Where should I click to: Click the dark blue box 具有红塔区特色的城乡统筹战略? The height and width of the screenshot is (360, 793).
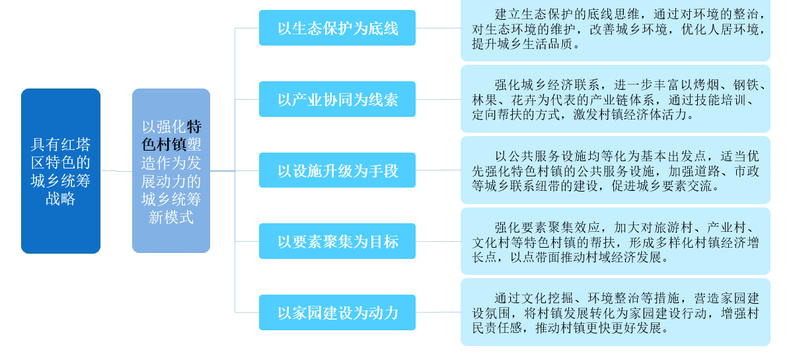click(x=61, y=171)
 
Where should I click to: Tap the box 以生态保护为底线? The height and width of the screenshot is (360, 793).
click(x=337, y=28)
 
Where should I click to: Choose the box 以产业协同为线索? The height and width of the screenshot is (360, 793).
click(x=337, y=100)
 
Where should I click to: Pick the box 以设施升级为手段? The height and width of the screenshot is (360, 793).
click(x=337, y=170)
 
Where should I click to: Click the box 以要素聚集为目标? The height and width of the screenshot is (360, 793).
click(x=337, y=242)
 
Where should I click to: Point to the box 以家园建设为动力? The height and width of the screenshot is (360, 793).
click(x=337, y=312)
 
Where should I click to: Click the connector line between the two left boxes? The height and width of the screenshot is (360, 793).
click(x=116, y=171)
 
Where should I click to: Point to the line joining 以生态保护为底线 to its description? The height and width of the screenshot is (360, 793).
click(x=437, y=28)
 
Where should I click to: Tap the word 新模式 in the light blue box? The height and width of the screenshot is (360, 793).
click(x=171, y=217)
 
